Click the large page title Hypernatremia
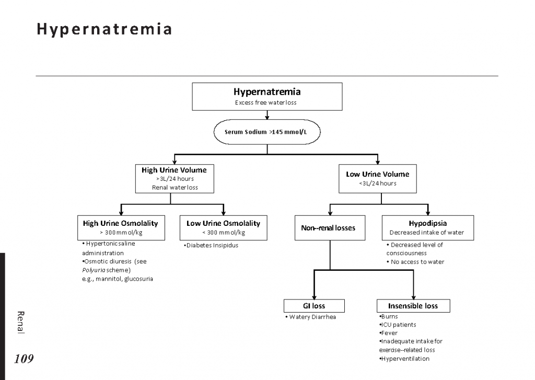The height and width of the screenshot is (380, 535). click(x=104, y=29)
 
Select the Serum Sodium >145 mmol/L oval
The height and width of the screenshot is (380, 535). click(x=266, y=132)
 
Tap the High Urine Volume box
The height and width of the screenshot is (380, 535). click(x=174, y=178)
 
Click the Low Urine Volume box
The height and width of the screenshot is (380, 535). click(x=377, y=178)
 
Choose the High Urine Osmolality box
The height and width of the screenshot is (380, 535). click(x=121, y=227)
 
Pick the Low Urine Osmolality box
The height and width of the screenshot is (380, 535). click(x=223, y=227)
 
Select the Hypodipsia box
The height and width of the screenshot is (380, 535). click(x=427, y=227)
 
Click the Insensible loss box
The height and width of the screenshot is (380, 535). click(x=413, y=306)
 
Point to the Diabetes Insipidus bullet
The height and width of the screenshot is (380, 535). click(x=212, y=246)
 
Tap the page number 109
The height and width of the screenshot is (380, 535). click(x=24, y=359)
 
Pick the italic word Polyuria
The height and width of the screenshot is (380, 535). click(x=92, y=270)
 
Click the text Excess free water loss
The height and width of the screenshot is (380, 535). click(x=265, y=102)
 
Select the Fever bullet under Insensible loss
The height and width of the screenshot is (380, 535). click(x=388, y=333)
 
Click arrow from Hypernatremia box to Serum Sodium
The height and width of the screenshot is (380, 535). click(x=267, y=115)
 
